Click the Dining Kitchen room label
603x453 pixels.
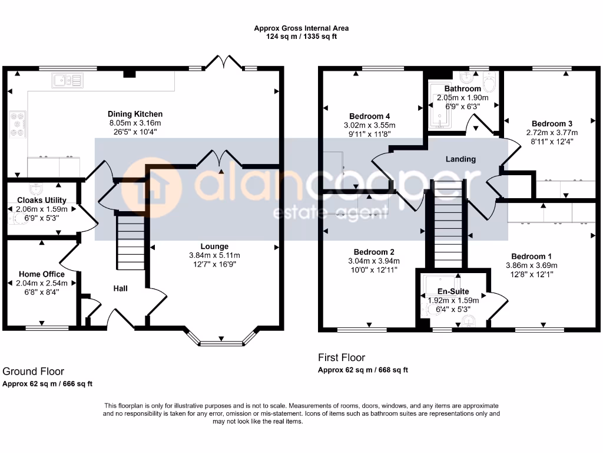[135, 114]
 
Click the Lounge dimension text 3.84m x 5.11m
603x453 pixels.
[214, 255]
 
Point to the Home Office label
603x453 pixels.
[42, 274]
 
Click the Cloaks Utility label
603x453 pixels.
[41, 201]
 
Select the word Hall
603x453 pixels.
[120, 288]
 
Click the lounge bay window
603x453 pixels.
[222, 342]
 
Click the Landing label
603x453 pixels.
[460, 159]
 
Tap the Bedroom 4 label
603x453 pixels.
[369, 116]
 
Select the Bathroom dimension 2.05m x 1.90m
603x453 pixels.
[462, 98]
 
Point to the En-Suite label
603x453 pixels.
[453, 291]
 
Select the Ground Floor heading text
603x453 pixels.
[34, 371]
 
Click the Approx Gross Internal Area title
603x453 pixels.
[301, 28]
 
